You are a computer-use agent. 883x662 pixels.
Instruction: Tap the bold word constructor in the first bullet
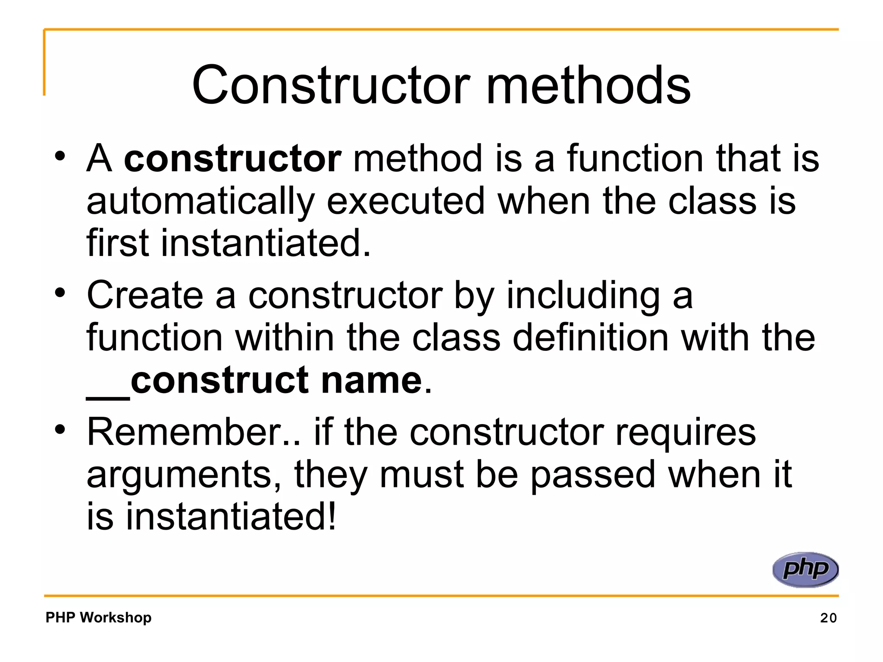(233, 159)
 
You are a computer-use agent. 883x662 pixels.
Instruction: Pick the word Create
(145, 295)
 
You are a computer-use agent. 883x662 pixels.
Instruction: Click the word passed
(593, 475)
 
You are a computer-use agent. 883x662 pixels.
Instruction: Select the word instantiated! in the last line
(231, 516)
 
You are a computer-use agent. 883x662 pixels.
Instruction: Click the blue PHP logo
(805, 569)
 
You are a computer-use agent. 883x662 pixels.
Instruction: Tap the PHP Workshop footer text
(99, 617)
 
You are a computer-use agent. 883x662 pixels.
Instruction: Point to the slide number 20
(828, 618)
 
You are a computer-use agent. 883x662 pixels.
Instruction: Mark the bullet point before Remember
(60, 429)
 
